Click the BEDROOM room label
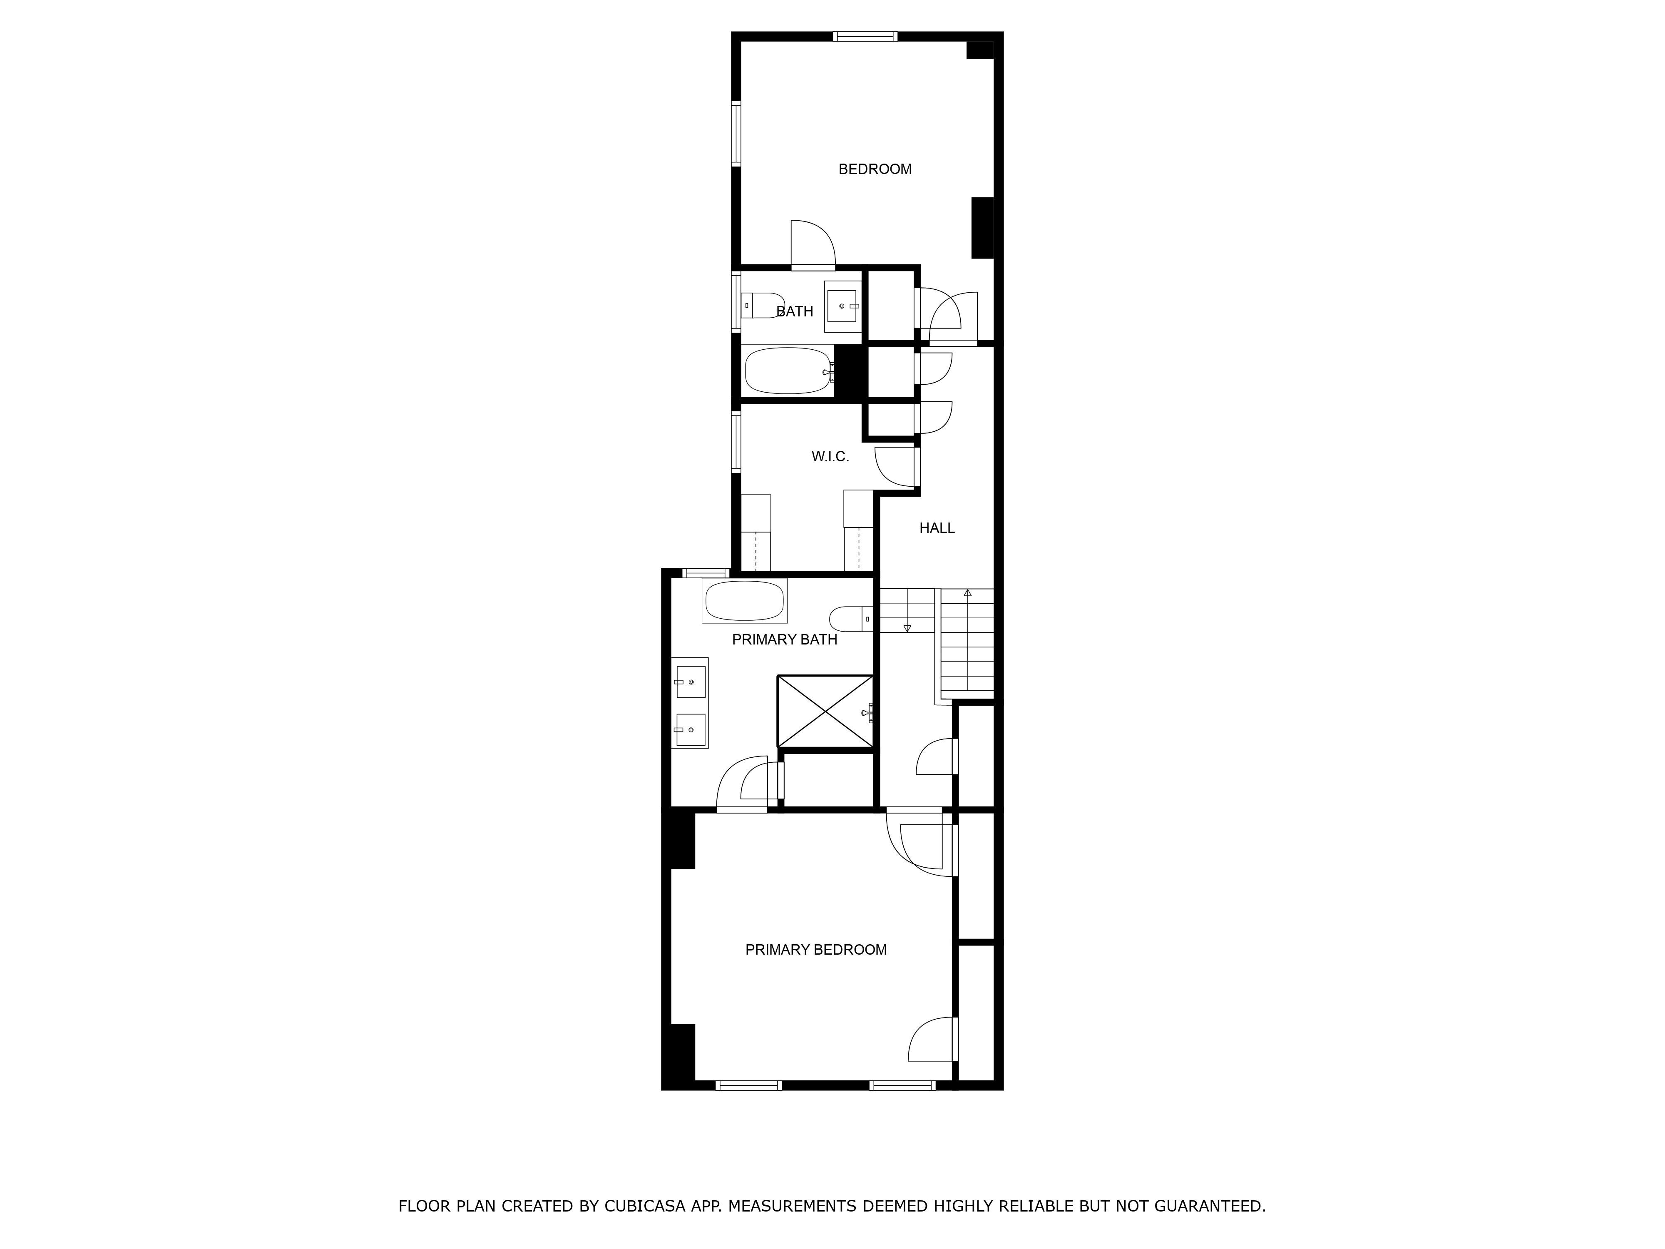pyautogui.click(x=875, y=169)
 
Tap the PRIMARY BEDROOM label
pyautogui.click(x=816, y=950)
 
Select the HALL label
pyautogui.click(x=937, y=528)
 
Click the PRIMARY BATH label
pyautogui.click(x=784, y=640)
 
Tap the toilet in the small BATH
pyautogui.click(x=762, y=306)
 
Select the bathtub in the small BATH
pyautogui.click(x=788, y=371)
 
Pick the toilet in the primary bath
pyautogui.click(x=850, y=619)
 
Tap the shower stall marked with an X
pyautogui.click(x=826, y=712)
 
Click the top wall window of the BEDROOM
pyautogui.click(x=865, y=36)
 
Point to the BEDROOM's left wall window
pyautogui.click(x=736, y=133)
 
